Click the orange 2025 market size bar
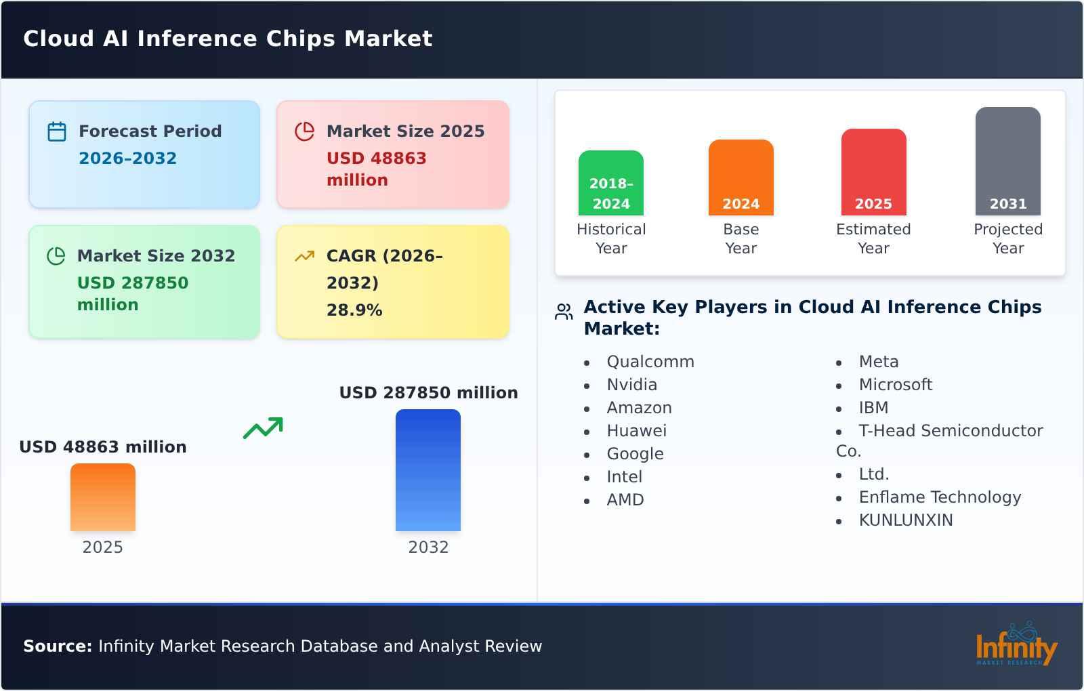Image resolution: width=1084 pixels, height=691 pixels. pyautogui.click(x=103, y=497)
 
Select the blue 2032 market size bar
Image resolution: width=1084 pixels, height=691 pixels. pyautogui.click(x=428, y=470)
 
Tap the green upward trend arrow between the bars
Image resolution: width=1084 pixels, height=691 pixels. pyautogui.click(x=263, y=428)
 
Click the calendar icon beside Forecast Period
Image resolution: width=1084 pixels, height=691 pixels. pyautogui.click(x=57, y=131)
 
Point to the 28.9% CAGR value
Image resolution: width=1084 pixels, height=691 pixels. pyautogui.click(x=354, y=310)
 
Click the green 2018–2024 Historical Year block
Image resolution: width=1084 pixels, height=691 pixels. pyautogui.click(x=611, y=183)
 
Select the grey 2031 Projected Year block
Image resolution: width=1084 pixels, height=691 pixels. pyautogui.click(x=1007, y=161)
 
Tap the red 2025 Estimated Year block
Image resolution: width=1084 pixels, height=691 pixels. pyautogui.click(x=873, y=172)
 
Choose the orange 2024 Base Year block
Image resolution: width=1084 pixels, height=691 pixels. pyautogui.click(x=741, y=177)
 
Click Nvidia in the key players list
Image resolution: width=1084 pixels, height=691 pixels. pyautogui.click(x=631, y=385)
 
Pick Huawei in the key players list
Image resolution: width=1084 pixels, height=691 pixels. pyautogui.click(x=636, y=431)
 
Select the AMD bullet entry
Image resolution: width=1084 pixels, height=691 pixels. pyautogui.click(x=625, y=500)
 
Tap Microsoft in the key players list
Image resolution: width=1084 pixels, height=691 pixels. pyautogui.click(x=895, y=385)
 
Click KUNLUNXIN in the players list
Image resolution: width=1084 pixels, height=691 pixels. pyautogui.click(x=905, y=520)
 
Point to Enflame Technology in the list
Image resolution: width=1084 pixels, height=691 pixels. pyautogui.click(x=939, y=497)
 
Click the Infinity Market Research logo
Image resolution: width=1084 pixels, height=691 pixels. pyautogui.click(x=1016, y=645)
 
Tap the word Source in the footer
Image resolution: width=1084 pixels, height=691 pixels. pyautogui.click(x=57, y=646)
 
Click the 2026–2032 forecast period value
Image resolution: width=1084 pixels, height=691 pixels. pyautogui.click(x=127, y=159)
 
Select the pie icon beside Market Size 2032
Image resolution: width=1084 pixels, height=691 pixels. pyautogui.click(x=56, y=256)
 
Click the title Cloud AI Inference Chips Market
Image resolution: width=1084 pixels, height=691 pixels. pyautogui.click(x=228, y=39)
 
